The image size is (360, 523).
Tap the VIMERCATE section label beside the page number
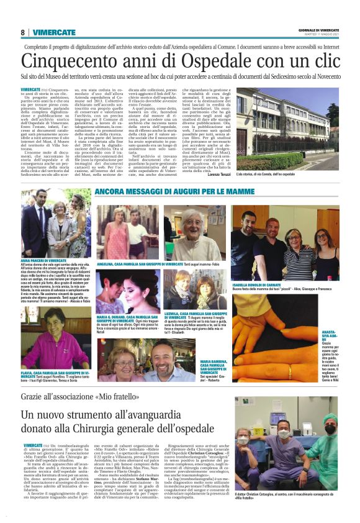click(55, 32)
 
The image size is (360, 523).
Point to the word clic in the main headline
click(322, 61)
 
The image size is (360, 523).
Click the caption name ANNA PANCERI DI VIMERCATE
click(44, 260)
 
